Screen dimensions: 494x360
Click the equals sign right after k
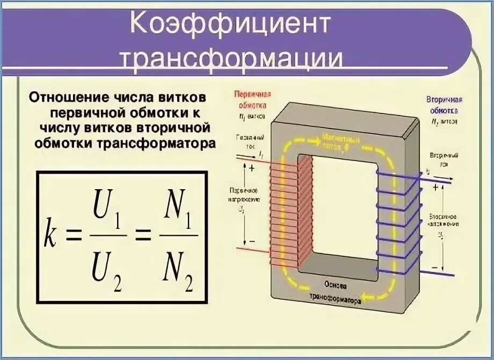[74, 236]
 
